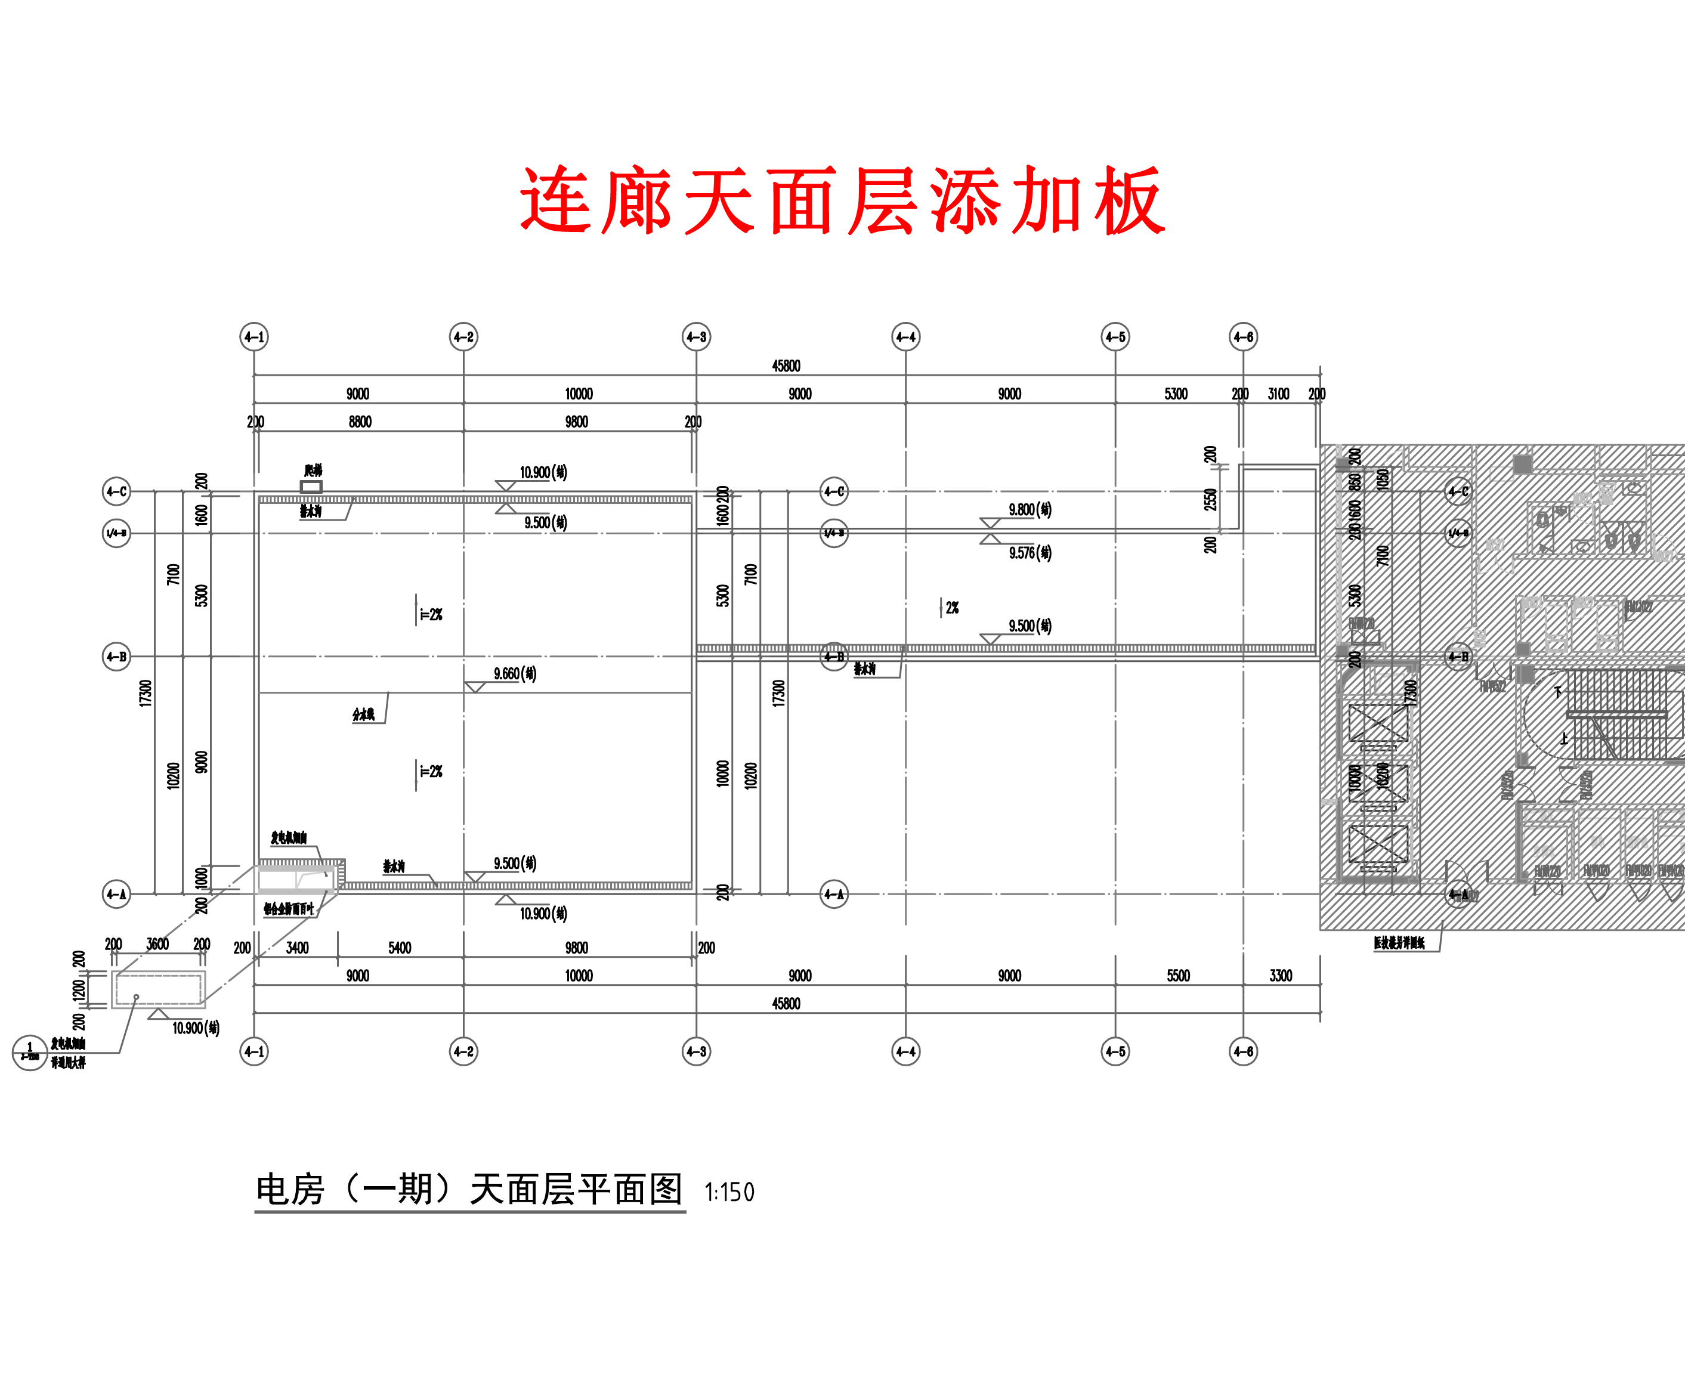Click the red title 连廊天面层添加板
click(x=842, y=200)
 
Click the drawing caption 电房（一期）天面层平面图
click(x=469, y=1190)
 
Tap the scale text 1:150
click(x=729, y=1192)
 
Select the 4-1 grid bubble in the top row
click(x=254, y=337)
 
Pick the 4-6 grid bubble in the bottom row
click(x=1244, y=1052)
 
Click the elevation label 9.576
click(x=1029, y=552)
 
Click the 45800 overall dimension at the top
click(x=786, y=366)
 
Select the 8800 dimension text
click(x=360, y=422)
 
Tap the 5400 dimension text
click(x=400, y=948)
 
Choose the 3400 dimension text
click(x=298, y=948)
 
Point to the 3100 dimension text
click(x=1278, y=394)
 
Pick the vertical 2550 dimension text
click(x=1210, y=499)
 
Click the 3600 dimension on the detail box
click(x=157, y=944)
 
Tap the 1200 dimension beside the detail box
click(x=78, y=989)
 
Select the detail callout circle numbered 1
click(x=30, y=1053)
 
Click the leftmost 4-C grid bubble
click(x=117, y=491)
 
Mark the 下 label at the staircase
click(x=1557, y=692)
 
